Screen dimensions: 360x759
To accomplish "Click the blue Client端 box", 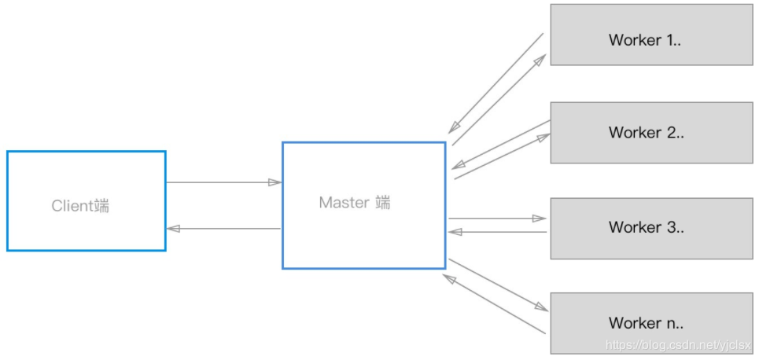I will point(87,201).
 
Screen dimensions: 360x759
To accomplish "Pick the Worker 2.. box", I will point(645,132).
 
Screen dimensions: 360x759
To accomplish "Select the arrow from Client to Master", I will point(224,182).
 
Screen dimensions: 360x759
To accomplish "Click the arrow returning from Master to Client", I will point(224,229).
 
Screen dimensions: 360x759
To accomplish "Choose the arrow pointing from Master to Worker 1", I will point(499,100).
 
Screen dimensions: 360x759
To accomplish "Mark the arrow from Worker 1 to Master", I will point(496,83).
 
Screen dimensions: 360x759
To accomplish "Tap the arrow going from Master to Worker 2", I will point(502,156).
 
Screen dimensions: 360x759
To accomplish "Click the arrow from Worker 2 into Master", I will point(500,144).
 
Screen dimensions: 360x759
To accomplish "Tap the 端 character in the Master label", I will point(383,203).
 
